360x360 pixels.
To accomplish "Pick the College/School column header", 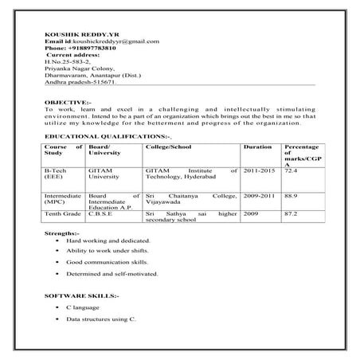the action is coord(170,147).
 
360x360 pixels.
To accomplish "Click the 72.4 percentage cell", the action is coord(292,170).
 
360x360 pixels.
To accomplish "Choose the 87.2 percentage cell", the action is coord(292,213).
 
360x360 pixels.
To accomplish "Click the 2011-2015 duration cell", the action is coord(259,170).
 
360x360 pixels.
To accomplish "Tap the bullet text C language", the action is coord(84,307).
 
